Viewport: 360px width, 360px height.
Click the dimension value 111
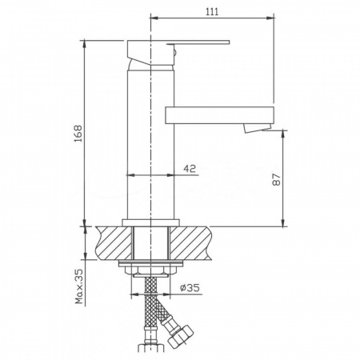coord(212,10)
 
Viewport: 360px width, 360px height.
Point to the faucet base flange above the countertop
coord(151,222)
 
